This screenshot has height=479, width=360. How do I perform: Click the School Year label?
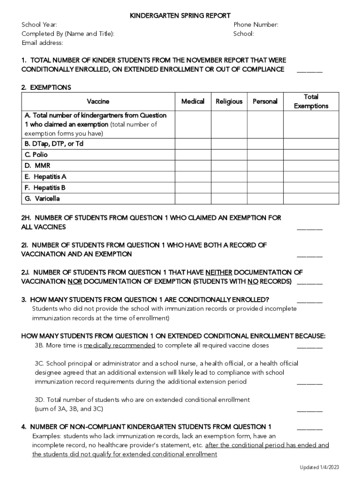[x=39, y=25]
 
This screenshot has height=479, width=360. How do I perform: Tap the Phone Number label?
[x=256, y=25]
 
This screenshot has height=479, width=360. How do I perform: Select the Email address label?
[x=42, y=43]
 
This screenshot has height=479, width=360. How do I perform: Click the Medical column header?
[x=193, y=102]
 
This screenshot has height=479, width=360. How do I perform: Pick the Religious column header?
[x=229, y=102]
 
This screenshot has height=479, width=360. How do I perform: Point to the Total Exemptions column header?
[x=311, y=102]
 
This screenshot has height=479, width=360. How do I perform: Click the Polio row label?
[x=36, y=154]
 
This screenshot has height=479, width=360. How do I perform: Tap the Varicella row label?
[x=43, y=199]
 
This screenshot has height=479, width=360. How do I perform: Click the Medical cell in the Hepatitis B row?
[x=193, y=188]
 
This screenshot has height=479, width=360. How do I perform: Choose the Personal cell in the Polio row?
[x=265, y=154]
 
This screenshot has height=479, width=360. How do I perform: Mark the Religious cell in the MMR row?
[x=229, y=166]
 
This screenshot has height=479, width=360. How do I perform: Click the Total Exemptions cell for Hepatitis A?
[x=311, y=177]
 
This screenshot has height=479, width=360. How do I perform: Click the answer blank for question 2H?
[x=310, y=228]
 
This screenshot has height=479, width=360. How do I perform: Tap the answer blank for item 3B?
[x=310, y=346]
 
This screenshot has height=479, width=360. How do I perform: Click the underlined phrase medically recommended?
[x=119, y=345]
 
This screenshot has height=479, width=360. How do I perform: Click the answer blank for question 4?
[x=310, y=427]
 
